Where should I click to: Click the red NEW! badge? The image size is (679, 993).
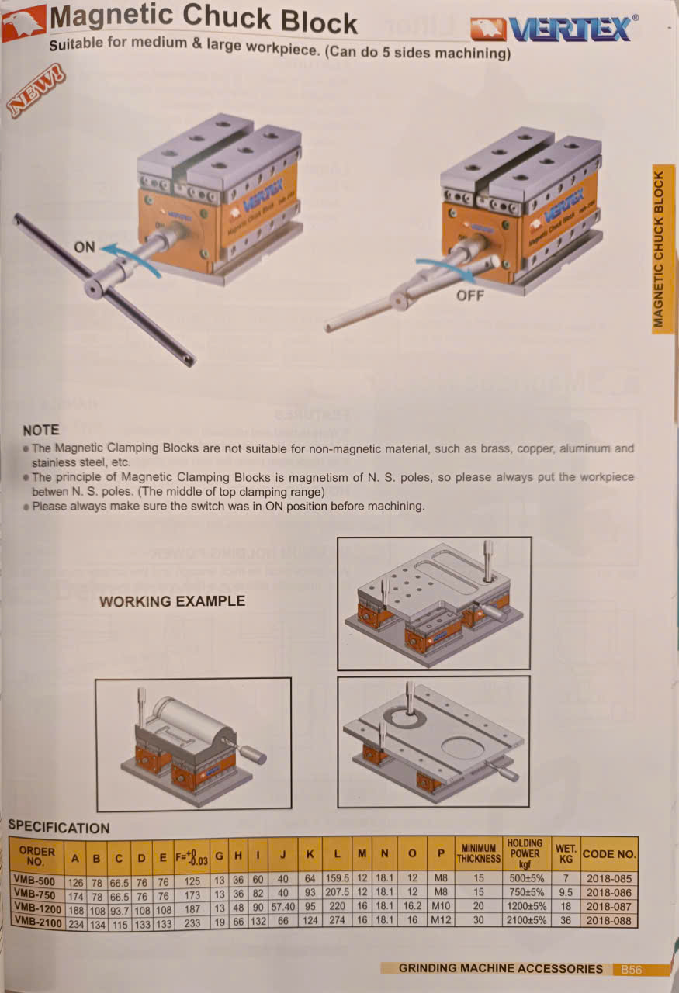tap(36, 91)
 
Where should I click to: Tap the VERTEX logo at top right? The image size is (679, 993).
tap(554, 29)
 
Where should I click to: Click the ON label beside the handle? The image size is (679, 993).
tap(85, 247)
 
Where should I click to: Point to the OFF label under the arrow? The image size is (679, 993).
tap(470, 296)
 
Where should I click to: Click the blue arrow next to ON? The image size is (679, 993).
tap(132, 260)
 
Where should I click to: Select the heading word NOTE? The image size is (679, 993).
tap(41, 430)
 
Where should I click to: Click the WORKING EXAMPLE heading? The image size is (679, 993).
tap(172, 601)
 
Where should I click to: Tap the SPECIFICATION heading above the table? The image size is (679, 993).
tap(59, 827)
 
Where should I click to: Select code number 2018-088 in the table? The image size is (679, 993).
tap(609, 921)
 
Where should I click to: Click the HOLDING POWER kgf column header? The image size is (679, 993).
tap(525, 853)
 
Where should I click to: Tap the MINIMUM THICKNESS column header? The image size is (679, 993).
tap(478, 854)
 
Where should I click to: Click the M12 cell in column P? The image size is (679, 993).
tap(441, 920)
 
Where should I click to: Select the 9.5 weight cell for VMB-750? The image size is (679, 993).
tap(566, 893)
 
